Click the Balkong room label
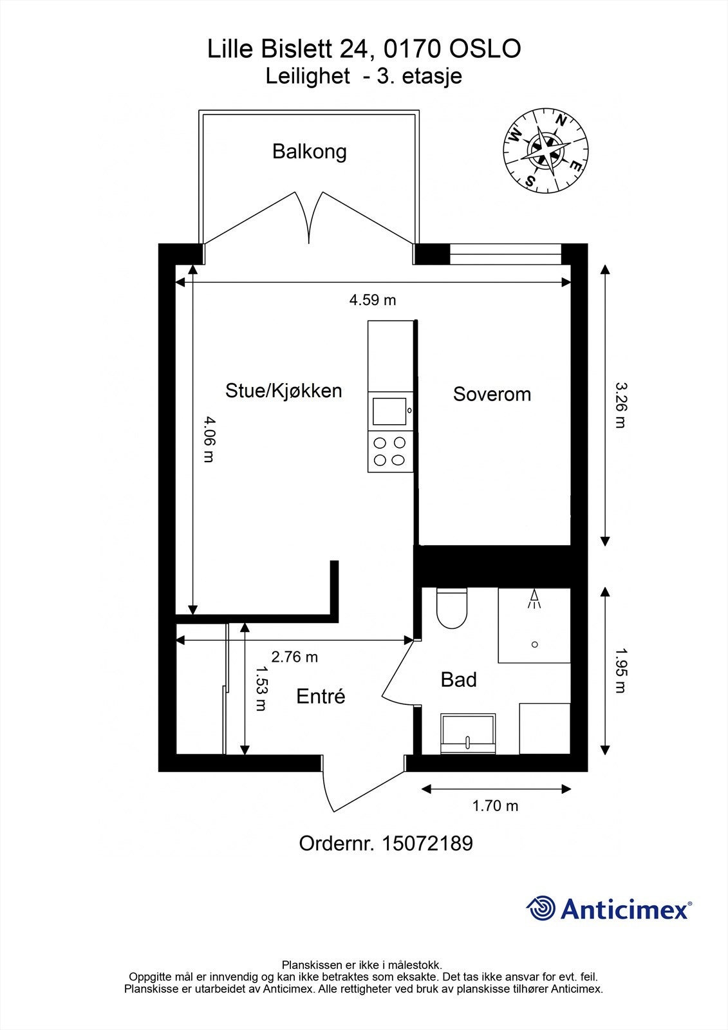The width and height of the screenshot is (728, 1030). click(x=309, y=152)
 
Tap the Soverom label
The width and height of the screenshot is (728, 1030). click(x=492, y=394)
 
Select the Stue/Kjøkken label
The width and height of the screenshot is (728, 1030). click(x=284, y=391)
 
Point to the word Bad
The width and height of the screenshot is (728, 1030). click(x=458, y=679)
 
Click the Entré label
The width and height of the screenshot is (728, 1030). click(x=321, y=696)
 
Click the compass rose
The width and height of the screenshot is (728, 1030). click(x=546, y=151)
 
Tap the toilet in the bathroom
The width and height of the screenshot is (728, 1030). click(x=452, y=608)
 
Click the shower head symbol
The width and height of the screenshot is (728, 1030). click(x=534, y=599)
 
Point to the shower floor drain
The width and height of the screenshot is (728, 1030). click(x=534, y=644)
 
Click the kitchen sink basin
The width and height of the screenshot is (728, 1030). click(x=389, y=411)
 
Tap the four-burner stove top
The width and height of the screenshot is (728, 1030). click(x=390, y=451)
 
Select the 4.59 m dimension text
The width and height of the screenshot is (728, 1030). click(x=373, y=300)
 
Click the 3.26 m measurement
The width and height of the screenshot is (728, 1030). click(x=621, y=405)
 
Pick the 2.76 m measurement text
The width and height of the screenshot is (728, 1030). click(x=294, y=657)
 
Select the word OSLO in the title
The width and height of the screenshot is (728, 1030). click(x=485, y=49)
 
